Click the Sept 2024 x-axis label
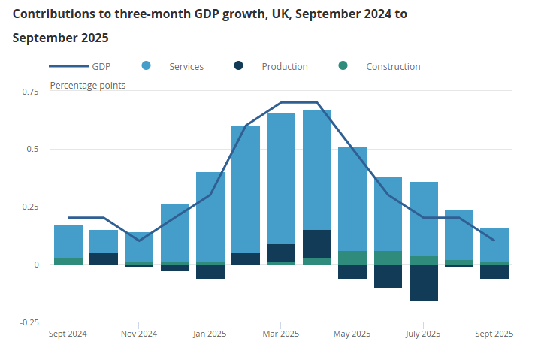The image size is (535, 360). pyautogui.click(x=68, y=334)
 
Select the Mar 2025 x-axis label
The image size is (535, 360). pyautogui.click(x=281, y=334)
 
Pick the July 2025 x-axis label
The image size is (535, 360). pyautogui.click(x=423, y=334)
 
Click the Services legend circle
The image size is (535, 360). pyautogui.click(x=147, y=66)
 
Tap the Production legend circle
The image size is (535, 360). pyautogui.click(x=239, y=66)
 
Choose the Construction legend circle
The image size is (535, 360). pyautogui.click(x=343, y=66)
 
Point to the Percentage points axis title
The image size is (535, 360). pyautogui.click(x=88, y=85)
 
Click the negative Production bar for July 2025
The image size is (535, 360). pyautogui.click(x=423, y=283)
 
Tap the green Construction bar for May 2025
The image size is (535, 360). pyautogui.click(x=352, y=258)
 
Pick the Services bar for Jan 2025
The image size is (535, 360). pyautogui.click(x=210, y=217)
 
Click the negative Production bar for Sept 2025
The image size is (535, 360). pyautogui.click(x=494, y=271)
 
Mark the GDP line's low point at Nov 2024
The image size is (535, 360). pyautogui.click(x=139, y=241)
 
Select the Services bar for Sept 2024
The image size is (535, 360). pyautogui.click(x=68, y=241)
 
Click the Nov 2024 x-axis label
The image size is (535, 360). pyautogui.click(x=139, y=334)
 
